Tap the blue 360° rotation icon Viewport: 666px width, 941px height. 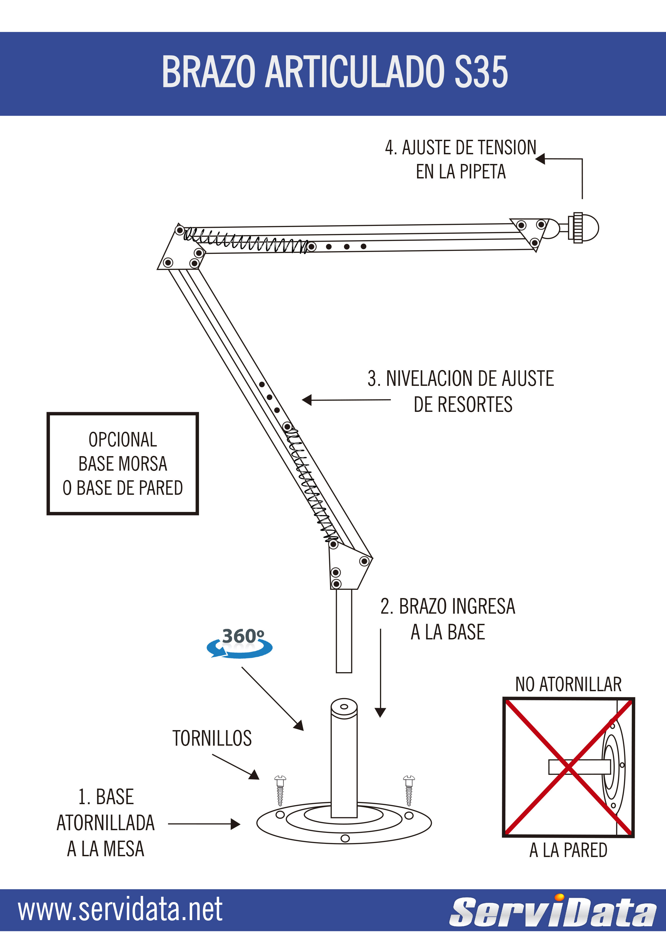pos(240,643)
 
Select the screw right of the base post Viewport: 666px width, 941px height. pos(409,790)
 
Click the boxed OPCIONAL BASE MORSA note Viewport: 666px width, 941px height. pos(123,464)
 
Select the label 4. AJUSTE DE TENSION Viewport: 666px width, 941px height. pos(460,148)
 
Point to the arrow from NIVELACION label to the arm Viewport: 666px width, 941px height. pos(346,400)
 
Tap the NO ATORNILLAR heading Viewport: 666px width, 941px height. pos(568,684)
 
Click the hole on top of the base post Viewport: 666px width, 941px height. pos(344,706)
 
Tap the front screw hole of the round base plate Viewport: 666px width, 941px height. pos(345,838)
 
